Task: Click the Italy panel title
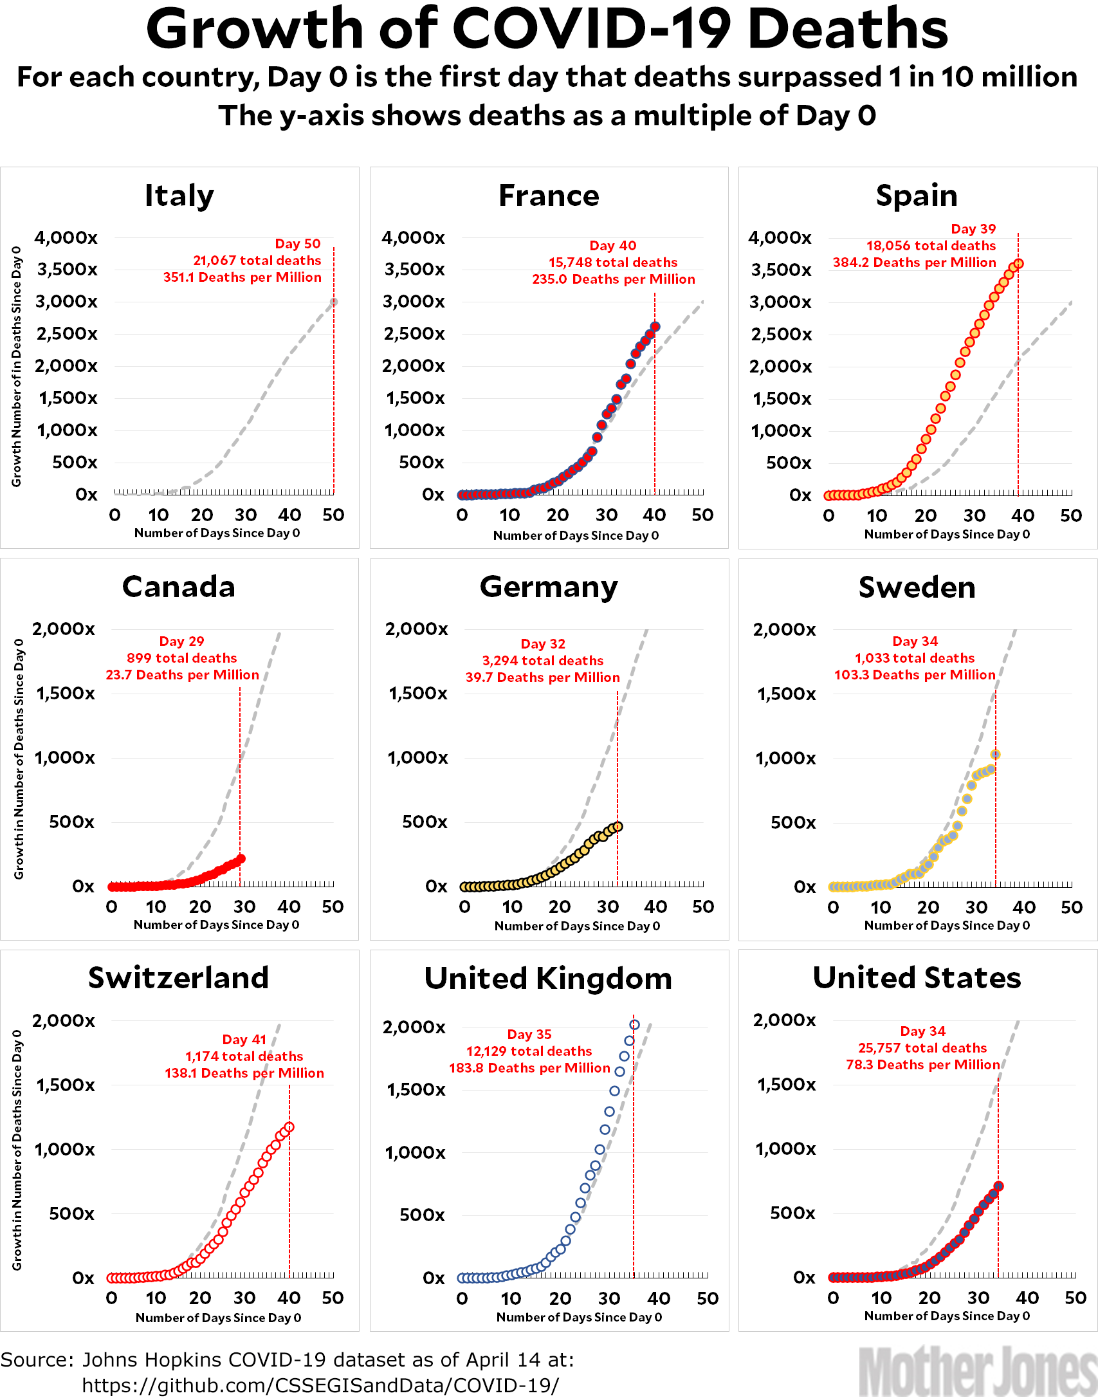pyautogui.click(x=179, y=195)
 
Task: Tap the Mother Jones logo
pyautogui.click(x=977, y=1372)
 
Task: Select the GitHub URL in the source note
pyautogui.click(x=320, y=1385)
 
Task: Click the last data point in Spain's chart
pyautogui.click(x=1018, y=264)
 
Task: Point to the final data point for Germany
pyautogui.click(x=618, y=826)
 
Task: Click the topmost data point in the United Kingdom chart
pyautogui.click(x=634, y=1025)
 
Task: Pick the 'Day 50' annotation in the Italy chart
pyautogui.click(x=297, y=244)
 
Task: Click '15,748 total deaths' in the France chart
pyautogui.click(x=612, y=262)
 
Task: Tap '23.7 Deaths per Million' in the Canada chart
pyautogui.click(x=182, y=675)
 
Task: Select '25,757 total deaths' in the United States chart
pyautogui.click(x=922, y=1048)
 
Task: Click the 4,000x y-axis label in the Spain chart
pyautogui.click(x=780, y=238)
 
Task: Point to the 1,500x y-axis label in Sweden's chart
pyautogui.click(x=786, y=694)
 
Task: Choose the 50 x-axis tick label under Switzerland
pyautogui.click(x=333, y=1298)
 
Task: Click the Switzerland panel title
pyautogui.click(x=178, y=978)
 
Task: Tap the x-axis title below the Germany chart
pyautogui.click(x=577, y=926)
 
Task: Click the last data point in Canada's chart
pyautogui.click(x=241, y=858)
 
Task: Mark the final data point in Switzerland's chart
pyautogui.click(x=289, y=1127)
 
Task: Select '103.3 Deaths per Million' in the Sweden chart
pyautogui.click(x=915, y=675)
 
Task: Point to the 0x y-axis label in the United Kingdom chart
pyautogui.click(x=433, y=1278)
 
